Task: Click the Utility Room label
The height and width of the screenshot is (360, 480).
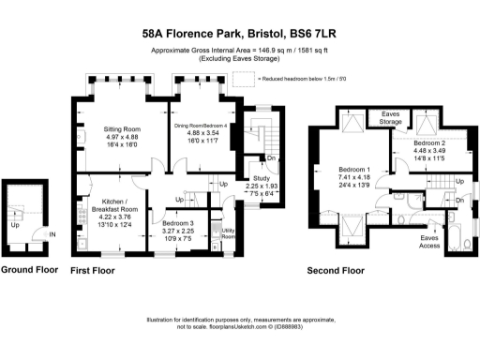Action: pyautogui.click(x=226, y=235)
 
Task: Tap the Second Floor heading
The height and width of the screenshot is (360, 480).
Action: pyautogui.click(x=337, y=271)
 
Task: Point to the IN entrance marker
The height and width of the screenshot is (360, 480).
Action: pyautogui.click(x=52, y=234)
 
